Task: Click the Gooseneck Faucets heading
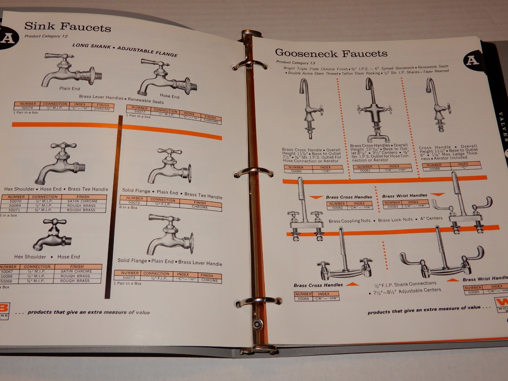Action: pyautogui.click(x=331, y=53)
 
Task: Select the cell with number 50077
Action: pyautogui.click(x=139, y=112)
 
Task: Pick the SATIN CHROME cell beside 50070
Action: pyautogui.click(x=83, y=201)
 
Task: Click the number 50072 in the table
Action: pyautogui.click(x=134, y=202)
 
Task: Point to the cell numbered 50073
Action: pyautogui.click(x=130, y=278)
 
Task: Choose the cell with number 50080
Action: pyautogui.click(x=296, y=171)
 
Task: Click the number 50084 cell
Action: pyautogui.click(x=303, y=298)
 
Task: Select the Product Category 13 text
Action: pyautogui.click(x=295, y=63)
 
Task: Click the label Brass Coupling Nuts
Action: pyautogui.click(x=349, y=221)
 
